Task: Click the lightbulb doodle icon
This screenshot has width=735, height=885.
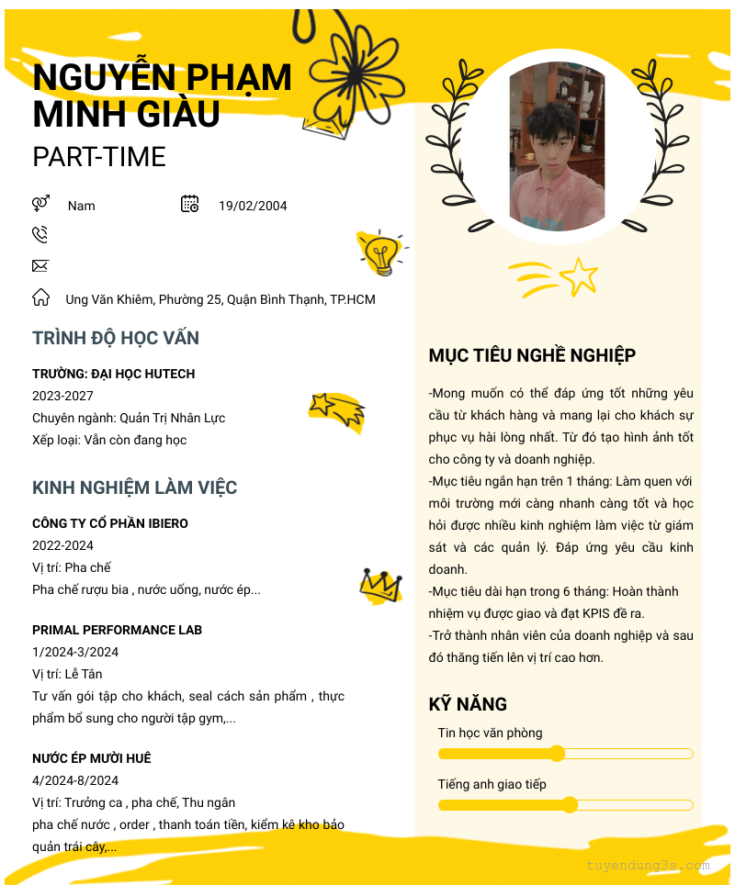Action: [381, 252]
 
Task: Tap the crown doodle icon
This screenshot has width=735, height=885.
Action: [380, 585]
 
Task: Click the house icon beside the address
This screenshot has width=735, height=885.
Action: [40, 297]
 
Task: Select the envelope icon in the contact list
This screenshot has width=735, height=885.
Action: [40, 266]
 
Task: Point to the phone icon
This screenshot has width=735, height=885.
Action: [40, 235]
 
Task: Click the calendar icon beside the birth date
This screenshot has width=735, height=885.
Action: [190, 204]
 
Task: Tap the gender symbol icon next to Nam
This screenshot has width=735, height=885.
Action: [40, 204]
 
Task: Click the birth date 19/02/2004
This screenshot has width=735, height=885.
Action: [253, 206]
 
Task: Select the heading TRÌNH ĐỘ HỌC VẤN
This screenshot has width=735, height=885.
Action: [116, 338]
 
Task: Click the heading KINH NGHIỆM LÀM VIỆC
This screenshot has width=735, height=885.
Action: [135, 487]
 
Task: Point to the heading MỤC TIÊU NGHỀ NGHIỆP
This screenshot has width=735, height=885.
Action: [532, 355]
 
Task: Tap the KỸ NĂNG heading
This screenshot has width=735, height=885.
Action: [468, 704]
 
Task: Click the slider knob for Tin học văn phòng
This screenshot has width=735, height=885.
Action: [557, 754]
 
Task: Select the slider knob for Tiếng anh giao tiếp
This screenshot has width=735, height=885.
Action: [570, 805]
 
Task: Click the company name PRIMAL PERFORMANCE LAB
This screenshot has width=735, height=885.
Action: [117, 630]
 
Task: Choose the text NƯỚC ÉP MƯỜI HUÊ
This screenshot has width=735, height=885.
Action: [92, 758]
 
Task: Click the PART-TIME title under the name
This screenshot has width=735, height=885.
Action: [99, 157]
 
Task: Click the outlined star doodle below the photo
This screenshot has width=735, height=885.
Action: [579, 276]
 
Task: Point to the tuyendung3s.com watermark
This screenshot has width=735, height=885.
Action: [648, 865]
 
